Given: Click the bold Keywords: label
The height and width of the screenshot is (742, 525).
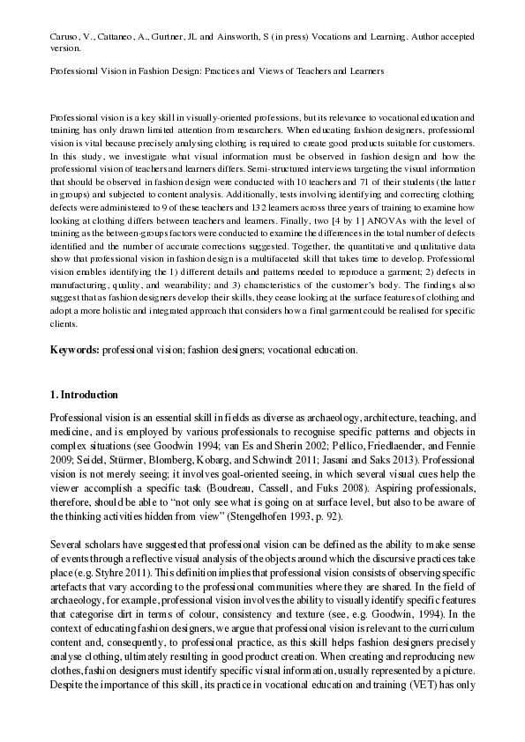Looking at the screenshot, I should point(74,350).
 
